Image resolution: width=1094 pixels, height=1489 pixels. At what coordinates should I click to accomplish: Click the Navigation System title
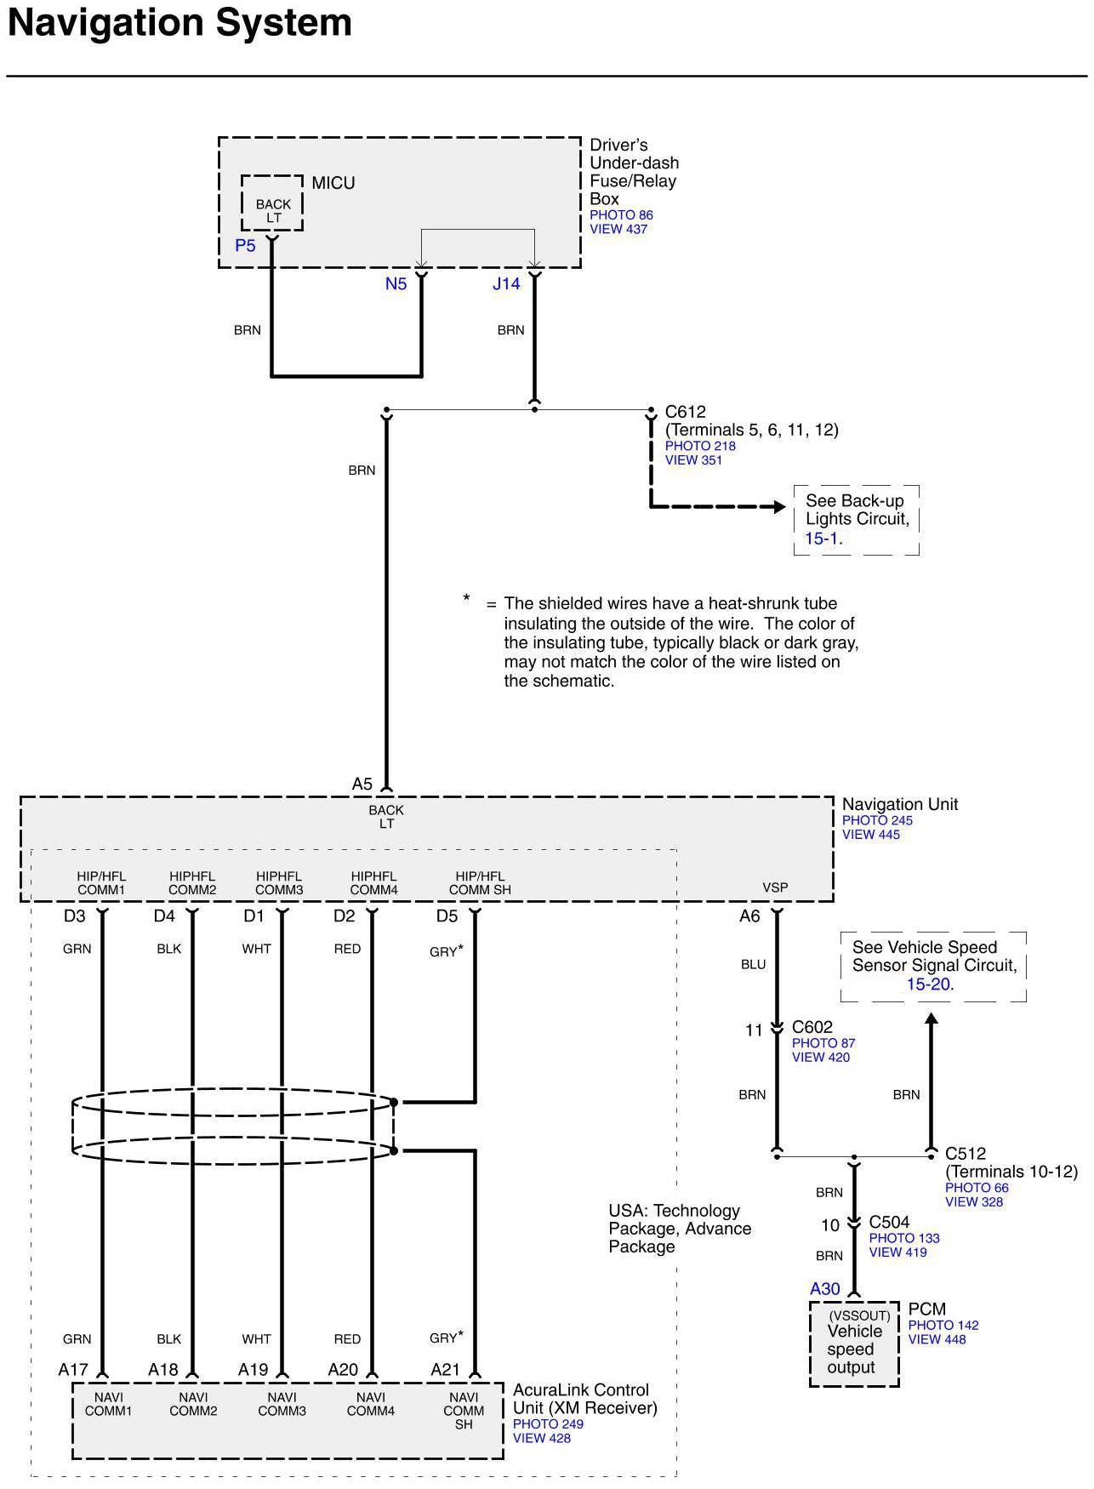[x=179, y=23]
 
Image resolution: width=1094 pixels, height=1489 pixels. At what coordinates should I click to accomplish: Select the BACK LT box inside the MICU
[x=272, y=204]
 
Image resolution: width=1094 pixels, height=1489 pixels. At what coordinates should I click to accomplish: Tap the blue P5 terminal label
[x=245, y=246]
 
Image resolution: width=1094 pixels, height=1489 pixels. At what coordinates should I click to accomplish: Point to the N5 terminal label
[x=396, y=284]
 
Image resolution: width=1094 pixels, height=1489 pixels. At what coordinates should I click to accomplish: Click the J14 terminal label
[x=506, y=284]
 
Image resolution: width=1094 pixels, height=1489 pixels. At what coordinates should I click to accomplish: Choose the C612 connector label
[x=685, y=412]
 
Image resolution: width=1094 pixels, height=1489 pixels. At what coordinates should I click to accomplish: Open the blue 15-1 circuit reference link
[x=823, y=539]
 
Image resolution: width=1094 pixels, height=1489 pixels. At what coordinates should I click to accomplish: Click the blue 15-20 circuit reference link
[x=930, y=984]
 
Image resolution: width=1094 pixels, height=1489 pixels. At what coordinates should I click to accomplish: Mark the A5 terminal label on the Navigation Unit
[x=362, y=784]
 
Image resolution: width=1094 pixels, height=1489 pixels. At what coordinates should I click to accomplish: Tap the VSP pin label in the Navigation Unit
[x=775, y=887]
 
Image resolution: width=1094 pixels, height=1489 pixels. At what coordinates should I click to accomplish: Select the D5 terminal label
[x=447, y=916]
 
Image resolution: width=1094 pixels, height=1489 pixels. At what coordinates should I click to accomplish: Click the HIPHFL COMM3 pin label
[x=279, y=883]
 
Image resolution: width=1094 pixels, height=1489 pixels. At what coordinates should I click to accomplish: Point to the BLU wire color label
[x=753, y=965]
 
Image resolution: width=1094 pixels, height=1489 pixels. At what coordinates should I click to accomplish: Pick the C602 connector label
[x=812, y=1027]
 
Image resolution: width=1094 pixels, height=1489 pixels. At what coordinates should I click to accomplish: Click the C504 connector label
[x=889, y=1222]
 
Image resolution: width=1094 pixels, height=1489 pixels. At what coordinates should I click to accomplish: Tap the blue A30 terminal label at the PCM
[x=824, y=1289]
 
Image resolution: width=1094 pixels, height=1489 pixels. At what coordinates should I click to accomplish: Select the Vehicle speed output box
[x=853, y=1344]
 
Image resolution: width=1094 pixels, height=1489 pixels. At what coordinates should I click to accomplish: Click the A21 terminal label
[x=445, y=1370]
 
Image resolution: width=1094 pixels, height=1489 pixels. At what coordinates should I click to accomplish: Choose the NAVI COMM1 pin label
[x=109, y=1404]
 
